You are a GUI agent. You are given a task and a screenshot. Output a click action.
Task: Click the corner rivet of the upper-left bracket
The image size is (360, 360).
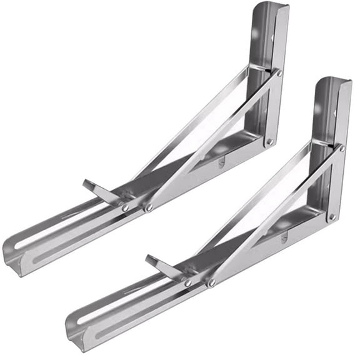click(269, 142)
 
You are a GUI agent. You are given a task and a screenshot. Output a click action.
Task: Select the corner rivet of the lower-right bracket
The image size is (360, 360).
click(332, 217)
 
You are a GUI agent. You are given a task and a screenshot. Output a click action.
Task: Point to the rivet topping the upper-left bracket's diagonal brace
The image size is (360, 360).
click(279, 73)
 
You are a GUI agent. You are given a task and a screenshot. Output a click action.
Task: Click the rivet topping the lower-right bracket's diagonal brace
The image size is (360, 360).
click(342, 148)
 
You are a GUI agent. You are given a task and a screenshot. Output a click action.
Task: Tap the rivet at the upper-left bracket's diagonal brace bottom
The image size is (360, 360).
click(149, 207)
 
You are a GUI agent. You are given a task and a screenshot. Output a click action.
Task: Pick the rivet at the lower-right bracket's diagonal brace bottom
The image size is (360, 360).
click(211, 283)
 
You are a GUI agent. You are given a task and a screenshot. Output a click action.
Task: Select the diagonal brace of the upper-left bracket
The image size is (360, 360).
click(212, 141)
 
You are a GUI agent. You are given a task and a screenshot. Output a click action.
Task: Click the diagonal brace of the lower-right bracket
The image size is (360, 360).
click(275, 216)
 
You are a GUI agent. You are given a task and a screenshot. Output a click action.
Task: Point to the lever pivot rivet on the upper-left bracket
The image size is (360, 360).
click(125, 207)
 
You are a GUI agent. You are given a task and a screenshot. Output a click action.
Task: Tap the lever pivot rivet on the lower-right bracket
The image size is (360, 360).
click(187, 282)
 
